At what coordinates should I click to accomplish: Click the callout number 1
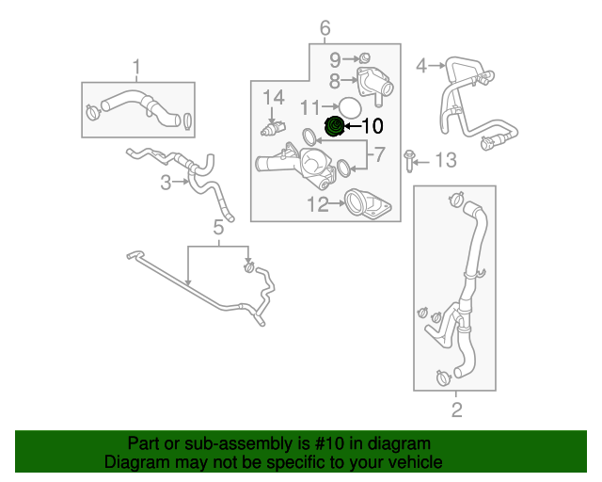[136, 66]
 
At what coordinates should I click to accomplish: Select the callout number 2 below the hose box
[457, 410]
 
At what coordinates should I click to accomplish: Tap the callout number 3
[166, 183]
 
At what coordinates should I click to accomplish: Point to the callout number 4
[421, 65]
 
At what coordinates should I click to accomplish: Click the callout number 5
[218, 227]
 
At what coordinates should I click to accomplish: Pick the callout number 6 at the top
[325, 28]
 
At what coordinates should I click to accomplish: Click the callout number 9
[334, 59]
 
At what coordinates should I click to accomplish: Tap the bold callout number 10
[372, 124]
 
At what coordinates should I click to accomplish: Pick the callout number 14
[273, 96]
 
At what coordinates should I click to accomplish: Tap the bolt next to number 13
[410, 161]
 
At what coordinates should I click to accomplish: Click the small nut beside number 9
[364, 59]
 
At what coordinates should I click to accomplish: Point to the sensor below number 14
[273, 127]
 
